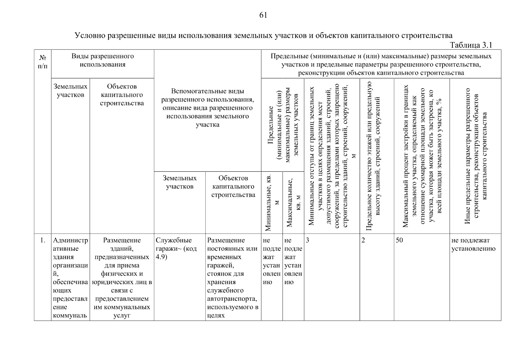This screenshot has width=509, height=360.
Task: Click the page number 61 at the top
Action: (263, 15)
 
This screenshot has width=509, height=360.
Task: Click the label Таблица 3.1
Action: (471, 45)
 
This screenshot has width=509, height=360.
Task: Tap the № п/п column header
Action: (43, 61)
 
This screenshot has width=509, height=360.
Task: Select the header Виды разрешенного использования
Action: (103, 60)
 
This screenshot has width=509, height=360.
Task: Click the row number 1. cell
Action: (43, 240)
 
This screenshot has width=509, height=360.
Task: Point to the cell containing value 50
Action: (399, 240)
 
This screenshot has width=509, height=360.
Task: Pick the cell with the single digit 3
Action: (307, 240)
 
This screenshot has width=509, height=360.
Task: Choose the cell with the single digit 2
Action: (363, 240)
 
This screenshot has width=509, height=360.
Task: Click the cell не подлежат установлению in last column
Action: (473, 244)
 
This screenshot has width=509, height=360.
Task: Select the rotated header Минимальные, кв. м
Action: (272, 202)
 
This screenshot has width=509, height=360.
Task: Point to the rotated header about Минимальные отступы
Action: (332, 156)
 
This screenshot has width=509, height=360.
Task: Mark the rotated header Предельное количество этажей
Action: (373, 156)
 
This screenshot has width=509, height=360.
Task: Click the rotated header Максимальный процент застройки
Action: (422, 156)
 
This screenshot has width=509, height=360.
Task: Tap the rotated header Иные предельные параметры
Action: (475, 156)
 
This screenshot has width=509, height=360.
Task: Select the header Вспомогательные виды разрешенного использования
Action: (207, 108)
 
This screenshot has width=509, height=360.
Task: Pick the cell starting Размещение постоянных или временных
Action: (233, 277)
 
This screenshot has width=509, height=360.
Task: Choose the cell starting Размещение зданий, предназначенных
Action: (122, 277)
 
